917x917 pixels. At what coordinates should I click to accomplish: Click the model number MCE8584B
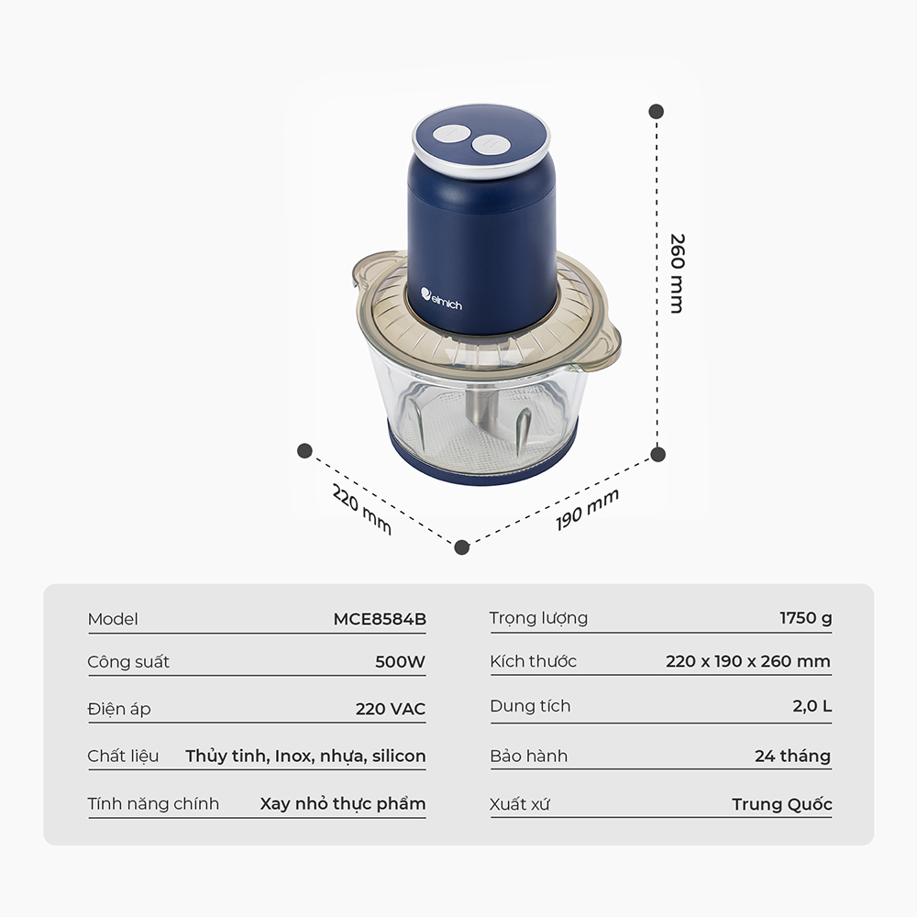point(380,619)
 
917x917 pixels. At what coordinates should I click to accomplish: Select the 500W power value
point(400,661)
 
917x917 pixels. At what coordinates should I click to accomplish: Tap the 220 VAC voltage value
point(390,709)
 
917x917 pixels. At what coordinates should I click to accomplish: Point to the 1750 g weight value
point(805,617)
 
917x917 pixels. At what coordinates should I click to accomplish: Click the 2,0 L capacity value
point(812,706)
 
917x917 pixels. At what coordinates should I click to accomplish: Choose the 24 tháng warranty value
point(792,756)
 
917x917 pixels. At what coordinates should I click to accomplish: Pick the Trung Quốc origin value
point(781,804)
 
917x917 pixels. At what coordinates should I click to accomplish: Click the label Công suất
point(128,661)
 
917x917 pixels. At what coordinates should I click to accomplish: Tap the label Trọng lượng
point(538,618)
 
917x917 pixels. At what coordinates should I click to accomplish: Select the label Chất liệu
point(123,756)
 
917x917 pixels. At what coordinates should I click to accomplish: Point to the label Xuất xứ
point(520,804)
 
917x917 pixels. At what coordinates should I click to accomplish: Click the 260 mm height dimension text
point(677,273)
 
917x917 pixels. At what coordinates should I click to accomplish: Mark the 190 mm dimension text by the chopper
point(587,509)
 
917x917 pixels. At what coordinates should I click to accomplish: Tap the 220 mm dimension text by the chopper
point(361,509)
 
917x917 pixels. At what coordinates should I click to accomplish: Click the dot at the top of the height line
point(657,111)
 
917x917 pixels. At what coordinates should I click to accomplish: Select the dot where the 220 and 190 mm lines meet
point(461,547)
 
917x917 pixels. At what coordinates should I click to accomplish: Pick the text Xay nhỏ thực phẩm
point(343,803)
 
